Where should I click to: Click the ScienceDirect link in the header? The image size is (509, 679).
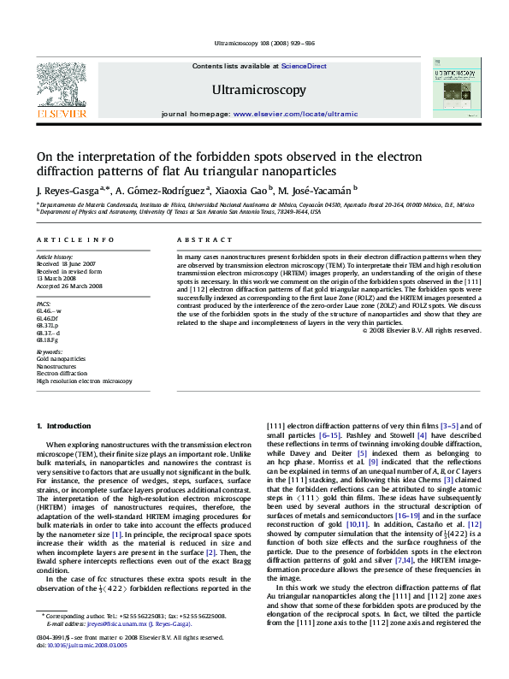click(x=304, y=66)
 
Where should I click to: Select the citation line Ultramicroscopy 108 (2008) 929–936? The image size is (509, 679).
click(x=254, y=44)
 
